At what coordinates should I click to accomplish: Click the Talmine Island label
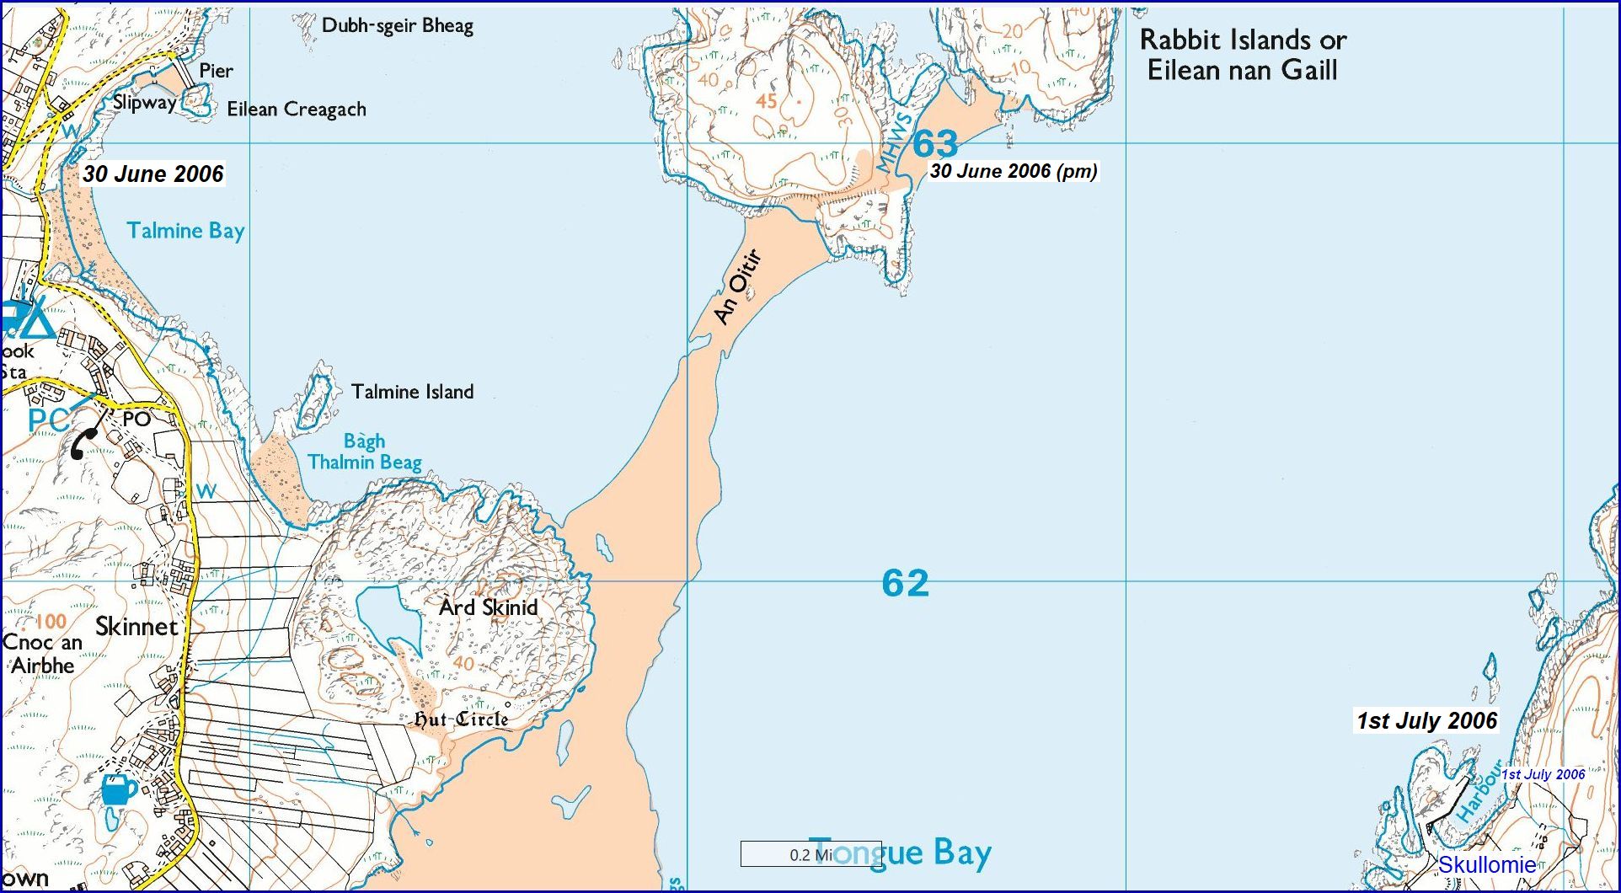[x=412, y=392]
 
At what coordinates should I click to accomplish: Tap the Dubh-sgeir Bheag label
[x=397, y=26]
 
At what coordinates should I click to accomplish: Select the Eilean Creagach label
[x=297, y=110]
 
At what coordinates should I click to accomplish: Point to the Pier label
[x=216, y=72]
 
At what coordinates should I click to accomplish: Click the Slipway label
[x=144, y=103]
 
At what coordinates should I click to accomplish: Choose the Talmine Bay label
[x=185, y=231]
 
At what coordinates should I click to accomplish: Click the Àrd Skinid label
[x=488, y=607]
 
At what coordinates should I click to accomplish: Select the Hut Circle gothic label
[x=461, y=719]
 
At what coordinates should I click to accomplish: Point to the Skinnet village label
[x=136, y=627]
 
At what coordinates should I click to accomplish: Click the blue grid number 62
[x=905, y=583]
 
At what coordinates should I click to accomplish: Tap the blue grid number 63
[x=935, y=144]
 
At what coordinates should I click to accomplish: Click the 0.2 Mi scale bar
[x=810, y=854]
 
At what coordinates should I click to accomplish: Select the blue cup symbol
[x=118, y=790]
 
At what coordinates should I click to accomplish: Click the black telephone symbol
[x=84, y=443]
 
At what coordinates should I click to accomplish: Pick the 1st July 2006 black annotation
[x=1426, y=721]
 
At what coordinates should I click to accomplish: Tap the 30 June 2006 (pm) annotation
[x=1014, y=171]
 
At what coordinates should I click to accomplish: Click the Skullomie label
[x=1486, y=865]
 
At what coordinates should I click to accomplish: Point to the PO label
[x=136, y=419]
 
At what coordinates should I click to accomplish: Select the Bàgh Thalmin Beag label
[x=364, y=452]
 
